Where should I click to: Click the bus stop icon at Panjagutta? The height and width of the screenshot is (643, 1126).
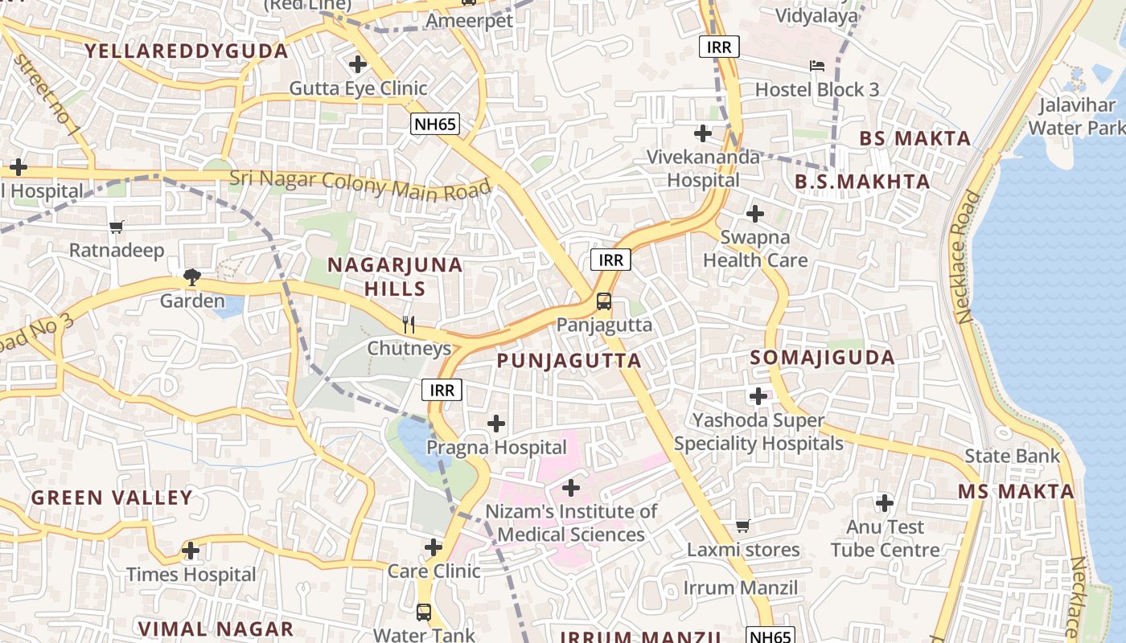(603, 302)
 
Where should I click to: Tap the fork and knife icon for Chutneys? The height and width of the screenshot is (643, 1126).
(409, 325)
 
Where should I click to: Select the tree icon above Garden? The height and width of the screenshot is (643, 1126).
(191, 278)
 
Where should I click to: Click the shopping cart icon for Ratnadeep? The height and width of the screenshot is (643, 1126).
(117, 227)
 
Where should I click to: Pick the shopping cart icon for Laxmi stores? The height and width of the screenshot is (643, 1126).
(742, 526)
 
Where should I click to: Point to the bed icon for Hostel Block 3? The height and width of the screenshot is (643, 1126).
(816, 66)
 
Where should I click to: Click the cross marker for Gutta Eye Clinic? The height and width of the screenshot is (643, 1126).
(358, 64)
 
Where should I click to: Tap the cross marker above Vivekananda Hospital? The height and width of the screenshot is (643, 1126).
(703, 133)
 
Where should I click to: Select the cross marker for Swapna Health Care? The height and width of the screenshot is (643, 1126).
(754, 214)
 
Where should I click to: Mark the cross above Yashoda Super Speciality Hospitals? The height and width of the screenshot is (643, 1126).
(758, 396)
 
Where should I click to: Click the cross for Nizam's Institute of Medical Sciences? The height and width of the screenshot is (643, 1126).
(570, 488)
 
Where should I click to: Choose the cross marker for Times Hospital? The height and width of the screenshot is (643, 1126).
(191, 551)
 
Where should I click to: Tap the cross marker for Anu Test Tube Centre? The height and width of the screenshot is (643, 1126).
(885, 504)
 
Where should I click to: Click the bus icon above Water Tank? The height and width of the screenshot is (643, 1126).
(424, 612)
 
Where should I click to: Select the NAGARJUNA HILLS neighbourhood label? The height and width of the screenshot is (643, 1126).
(395, 276)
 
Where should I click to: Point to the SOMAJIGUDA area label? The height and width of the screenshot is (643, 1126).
(822, 358)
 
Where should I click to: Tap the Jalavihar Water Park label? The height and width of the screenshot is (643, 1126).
(1076, 117)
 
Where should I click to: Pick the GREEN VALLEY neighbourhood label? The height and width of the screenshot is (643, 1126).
(112, 498)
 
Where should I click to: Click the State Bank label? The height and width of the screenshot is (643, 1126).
(1013, 457)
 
